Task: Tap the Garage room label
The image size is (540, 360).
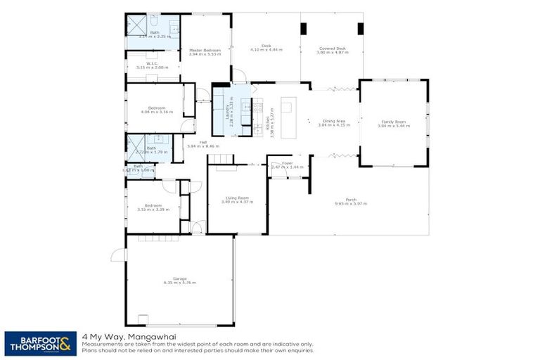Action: tap(180, 278)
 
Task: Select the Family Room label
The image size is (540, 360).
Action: tap(392, 122)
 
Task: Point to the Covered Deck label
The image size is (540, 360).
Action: tap(332, 48)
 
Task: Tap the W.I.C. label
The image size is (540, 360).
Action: tap(151, 63)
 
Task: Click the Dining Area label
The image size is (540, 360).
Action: tap(333, 121)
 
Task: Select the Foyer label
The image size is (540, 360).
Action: tap(287, 162)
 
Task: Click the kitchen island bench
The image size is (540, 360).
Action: tap(287, 107)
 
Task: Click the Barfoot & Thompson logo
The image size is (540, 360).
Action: tap(41, 343)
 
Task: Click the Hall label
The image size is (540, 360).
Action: tap(202, 142)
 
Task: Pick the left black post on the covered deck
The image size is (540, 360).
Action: tap(304, 30)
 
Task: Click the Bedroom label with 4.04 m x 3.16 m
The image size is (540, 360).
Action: tap(151, 108)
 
